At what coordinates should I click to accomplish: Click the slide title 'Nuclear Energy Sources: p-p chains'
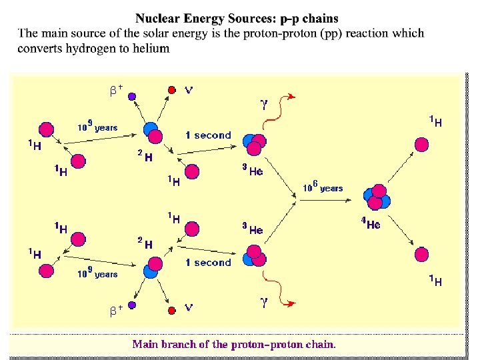[237, 19]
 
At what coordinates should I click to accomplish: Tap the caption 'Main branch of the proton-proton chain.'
[234, 345]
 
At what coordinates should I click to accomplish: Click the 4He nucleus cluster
[377, 197]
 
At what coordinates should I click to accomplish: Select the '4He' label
[371, 225]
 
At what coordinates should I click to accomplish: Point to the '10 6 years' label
[323, 187]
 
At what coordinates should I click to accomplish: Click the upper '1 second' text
[208, 135]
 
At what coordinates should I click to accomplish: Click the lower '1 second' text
[208, 263]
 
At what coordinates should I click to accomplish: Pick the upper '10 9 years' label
[97, 126]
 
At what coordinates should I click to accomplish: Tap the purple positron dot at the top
[132, 97]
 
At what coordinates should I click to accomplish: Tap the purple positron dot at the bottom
[132, 305]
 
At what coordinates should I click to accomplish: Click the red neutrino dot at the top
[171, 89]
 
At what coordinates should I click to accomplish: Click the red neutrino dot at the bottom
[171, 310]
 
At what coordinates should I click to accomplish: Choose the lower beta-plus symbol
[116, 310]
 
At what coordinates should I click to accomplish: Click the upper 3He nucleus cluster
[254, 142]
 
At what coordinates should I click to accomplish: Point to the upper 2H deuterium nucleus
[152, 133]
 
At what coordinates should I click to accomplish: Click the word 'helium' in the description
[151, 48]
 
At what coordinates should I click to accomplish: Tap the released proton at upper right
[421, 144]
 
